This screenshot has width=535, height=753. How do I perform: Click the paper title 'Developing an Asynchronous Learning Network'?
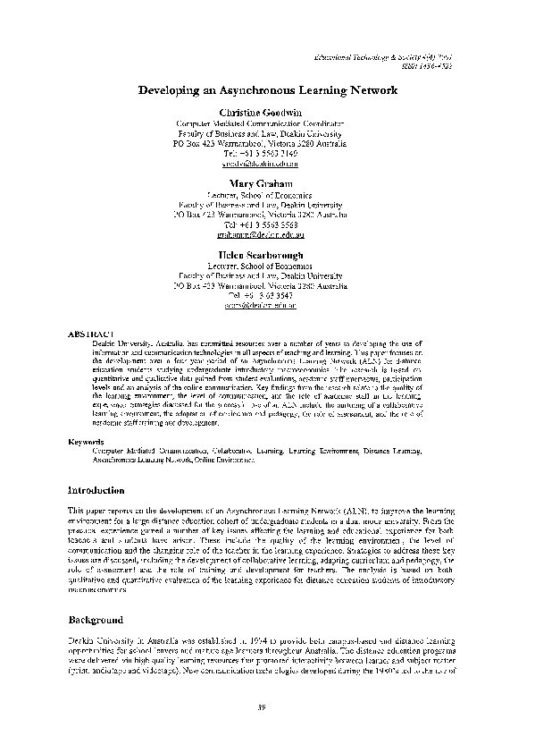click(x=267, y=90)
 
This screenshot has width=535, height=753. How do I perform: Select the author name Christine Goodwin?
click(x=267, y=111)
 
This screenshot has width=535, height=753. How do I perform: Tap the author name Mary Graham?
click(x=267, y=183)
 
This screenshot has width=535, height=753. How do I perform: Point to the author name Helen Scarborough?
click(x=267, y=255)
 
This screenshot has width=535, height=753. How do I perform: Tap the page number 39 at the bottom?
click(x=262, y=709)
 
